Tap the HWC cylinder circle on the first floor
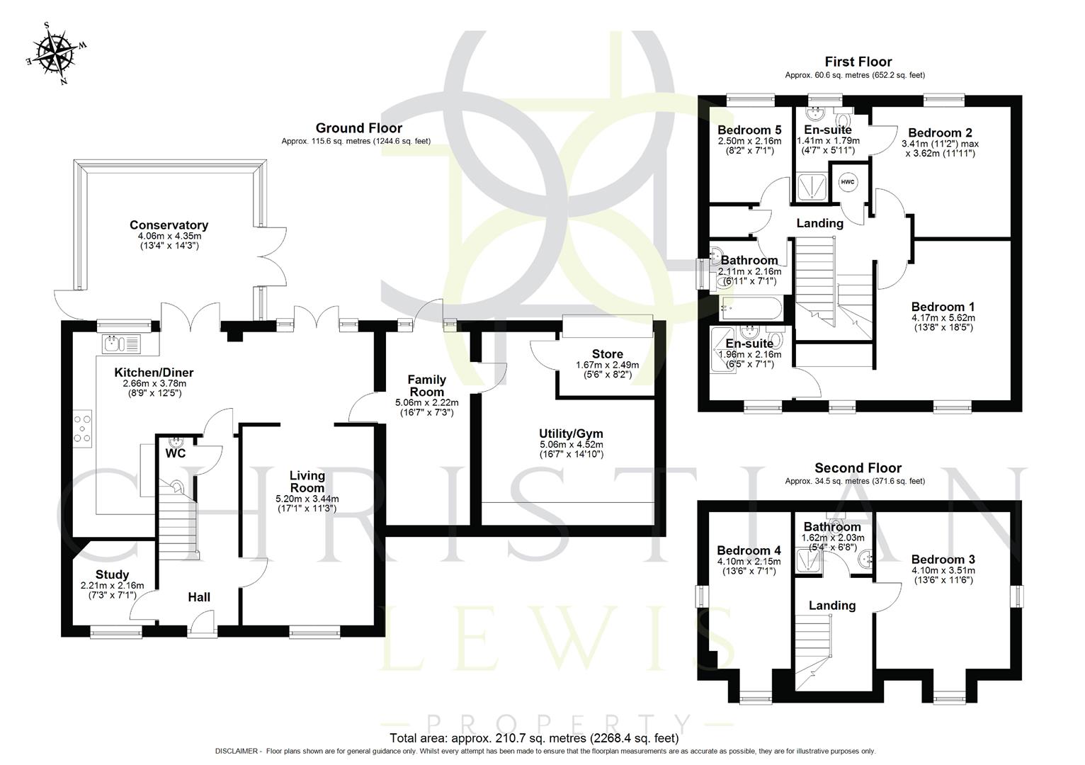tap(848, 182)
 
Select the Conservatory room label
tap(169, 225)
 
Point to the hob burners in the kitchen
tap(82, 429)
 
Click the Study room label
tap(112, 574)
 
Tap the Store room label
tap(607, 354)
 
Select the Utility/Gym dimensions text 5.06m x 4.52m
tap(571, 445)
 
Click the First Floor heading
tap(858, 62)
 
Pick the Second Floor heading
tap(858, 468)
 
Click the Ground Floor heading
tap(358, 128)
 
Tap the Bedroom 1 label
tap(943, 307)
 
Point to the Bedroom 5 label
tap(749, 130)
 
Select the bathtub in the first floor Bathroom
tap(750, 308)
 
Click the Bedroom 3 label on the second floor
tap(943, 560)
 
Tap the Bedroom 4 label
tap(749, 550)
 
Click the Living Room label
tap(307, 482)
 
